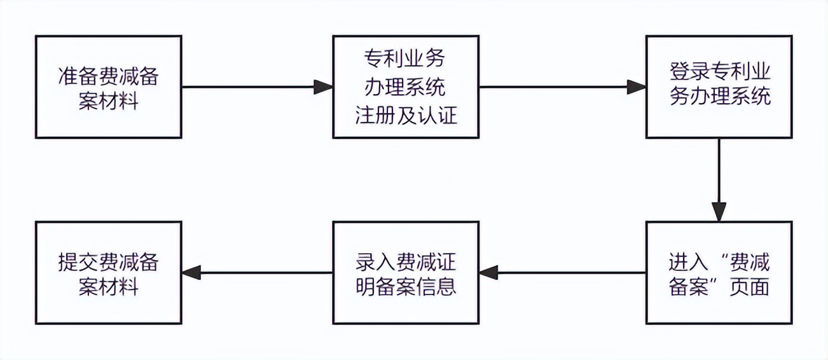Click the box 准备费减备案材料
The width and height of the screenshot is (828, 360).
108,87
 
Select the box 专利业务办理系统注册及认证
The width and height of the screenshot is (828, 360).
406,87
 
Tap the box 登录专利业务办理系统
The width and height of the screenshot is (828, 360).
719,87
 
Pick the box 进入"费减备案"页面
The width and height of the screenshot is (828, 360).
719,272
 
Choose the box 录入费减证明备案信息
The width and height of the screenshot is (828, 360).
406,272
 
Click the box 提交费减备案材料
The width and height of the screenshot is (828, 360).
108,272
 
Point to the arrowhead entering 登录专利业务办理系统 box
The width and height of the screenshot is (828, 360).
637,87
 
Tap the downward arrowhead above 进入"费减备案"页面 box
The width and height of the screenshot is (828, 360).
719,212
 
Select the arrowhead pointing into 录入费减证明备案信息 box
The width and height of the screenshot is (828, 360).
488,272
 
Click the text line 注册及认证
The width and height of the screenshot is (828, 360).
406,116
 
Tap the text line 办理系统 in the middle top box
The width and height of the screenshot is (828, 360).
406,87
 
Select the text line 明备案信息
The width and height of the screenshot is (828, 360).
406,286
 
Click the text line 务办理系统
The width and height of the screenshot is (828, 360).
719,97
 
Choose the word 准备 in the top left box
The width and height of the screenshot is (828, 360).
78,76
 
